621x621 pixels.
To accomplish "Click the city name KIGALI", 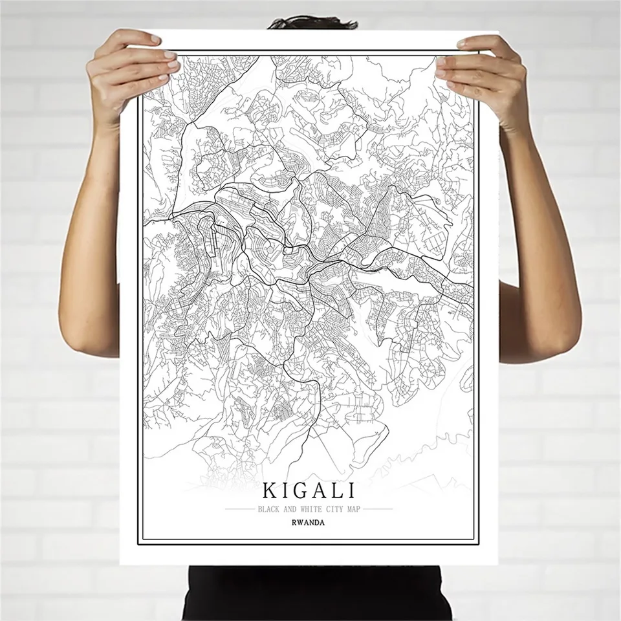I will click(x=309, y=490).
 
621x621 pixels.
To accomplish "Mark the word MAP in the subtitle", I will click(x=350, y=509).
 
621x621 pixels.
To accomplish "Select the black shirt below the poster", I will click(x=310, y=592).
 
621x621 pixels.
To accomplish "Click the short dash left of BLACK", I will click(x=241, y=509).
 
